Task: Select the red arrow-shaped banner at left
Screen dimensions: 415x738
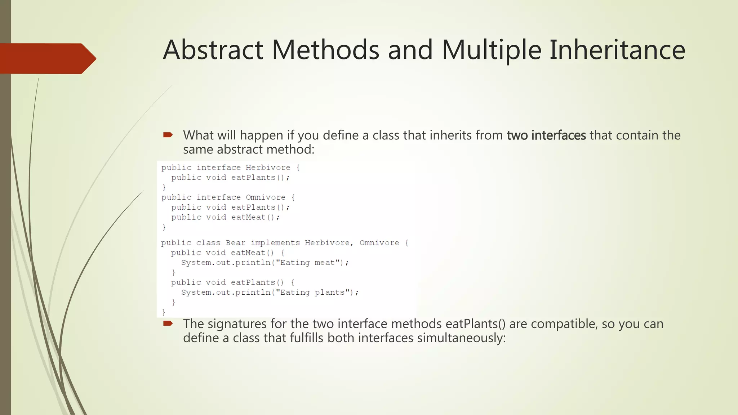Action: coord(47,58)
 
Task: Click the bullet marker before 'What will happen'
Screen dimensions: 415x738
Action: coord(168,135)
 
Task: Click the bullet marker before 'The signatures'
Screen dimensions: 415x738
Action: coord(168,323)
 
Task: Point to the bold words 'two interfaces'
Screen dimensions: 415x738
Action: coord(546,135)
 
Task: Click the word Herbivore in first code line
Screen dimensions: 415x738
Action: coord(268,168)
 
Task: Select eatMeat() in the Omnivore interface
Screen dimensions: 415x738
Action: coord(255,217)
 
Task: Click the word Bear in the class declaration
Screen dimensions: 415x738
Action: coord(235,243)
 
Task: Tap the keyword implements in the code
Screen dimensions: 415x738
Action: coord(275,243)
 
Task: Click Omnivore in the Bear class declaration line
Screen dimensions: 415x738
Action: coord(379,243)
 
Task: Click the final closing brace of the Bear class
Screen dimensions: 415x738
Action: coord(164,312)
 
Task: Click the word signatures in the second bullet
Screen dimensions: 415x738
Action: coord(237,324)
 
